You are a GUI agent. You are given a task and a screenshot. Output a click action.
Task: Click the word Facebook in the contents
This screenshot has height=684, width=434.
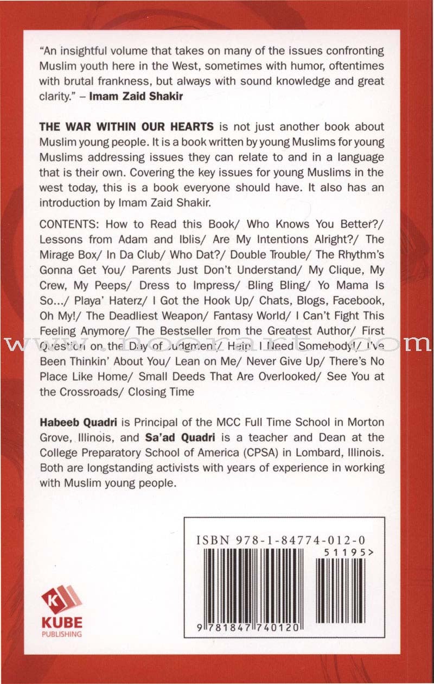point(358,300)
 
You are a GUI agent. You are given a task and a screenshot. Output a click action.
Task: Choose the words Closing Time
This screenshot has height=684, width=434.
point(161,392)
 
